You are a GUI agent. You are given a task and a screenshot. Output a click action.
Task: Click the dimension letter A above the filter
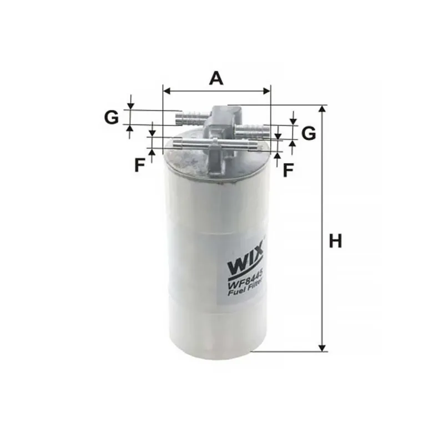click(216, 79)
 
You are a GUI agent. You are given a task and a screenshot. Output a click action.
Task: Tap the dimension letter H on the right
click(335, 241)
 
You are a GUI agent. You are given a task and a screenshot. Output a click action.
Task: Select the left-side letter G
click(112, 118)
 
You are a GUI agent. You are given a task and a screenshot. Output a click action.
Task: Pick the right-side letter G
click(309, 133)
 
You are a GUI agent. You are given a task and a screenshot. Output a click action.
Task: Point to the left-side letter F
click(140, 165)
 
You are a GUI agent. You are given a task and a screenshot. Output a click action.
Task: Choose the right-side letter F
click(288, 170)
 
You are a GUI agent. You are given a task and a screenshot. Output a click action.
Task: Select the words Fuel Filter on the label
click(246, 288)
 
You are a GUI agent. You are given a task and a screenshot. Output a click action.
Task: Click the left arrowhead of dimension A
click(167, 91)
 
